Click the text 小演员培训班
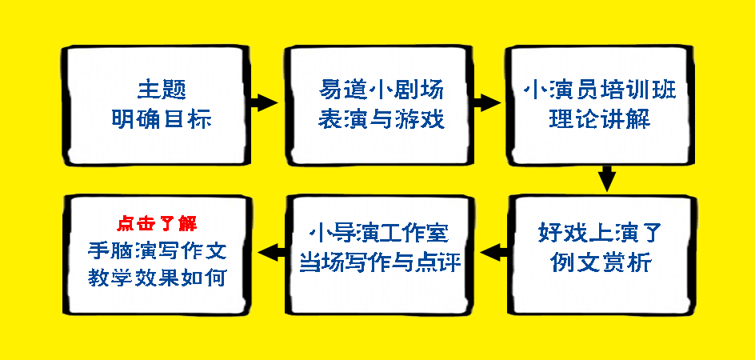click(x=599, y=88)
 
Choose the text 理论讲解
click(x=599, y=120)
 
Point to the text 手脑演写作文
click(x=158, y=250)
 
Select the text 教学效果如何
click(x=158, y=278)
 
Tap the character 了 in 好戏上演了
click(x=649, y=234)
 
